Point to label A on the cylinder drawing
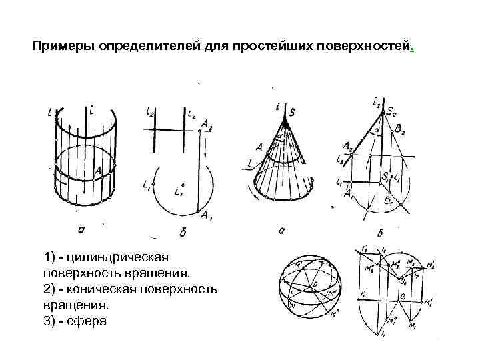tap(98, 171)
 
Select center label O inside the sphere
tap(316, 285)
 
